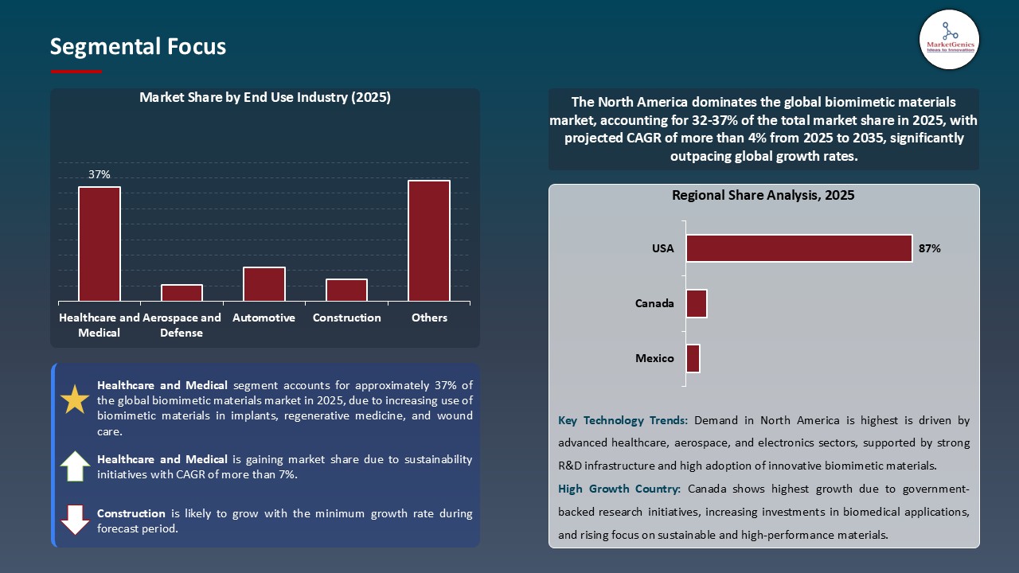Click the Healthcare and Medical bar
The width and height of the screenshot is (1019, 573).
[x=100, y=244]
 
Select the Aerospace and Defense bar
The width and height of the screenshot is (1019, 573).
[x=182, y=293]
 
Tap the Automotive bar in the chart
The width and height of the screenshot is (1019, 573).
[x=264, y=284]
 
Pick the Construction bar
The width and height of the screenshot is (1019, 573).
[x=346, y=290]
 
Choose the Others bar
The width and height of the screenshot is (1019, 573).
[x=429, y=240]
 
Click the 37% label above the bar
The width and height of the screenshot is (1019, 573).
[x=100, y=174]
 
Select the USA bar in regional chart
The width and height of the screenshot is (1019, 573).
[x=798, y=248]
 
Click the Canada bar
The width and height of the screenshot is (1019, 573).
[x=697, y=303]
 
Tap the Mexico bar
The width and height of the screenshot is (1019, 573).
[x=693, y=358]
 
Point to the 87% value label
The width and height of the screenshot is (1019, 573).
[x=929, y=248]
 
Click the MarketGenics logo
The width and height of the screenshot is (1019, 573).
[x=949, y=39]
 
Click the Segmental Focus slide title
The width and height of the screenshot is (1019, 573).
[x=138, y=47]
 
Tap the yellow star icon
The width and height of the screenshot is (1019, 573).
[x=75, y=400]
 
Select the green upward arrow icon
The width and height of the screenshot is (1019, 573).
[x=75, y=466]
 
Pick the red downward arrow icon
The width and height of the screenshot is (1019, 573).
[x=75, y=520]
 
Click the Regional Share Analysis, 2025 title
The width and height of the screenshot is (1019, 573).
[x=763, y=195]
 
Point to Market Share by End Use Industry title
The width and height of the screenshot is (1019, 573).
[x=264, y=98]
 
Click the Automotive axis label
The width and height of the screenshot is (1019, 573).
[x=264, y=318]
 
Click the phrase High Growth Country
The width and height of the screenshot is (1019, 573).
[x=619, y=489]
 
